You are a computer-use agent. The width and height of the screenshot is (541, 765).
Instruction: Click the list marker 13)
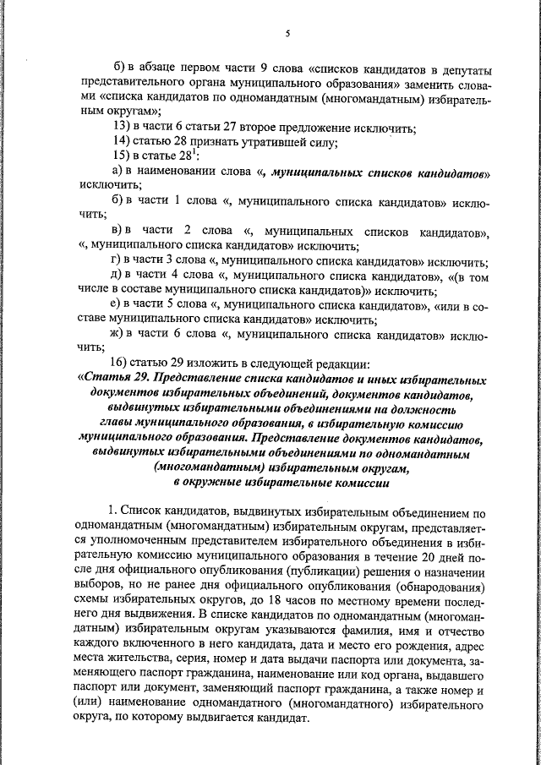tap(123, 128)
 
